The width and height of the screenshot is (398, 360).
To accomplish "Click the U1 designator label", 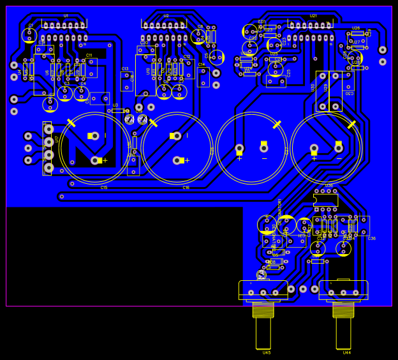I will point(66,15).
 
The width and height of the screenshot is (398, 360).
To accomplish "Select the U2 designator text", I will point(166,15).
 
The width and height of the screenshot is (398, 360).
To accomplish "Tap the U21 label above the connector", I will point(313,15).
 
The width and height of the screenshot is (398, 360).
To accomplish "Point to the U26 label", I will point(356,28).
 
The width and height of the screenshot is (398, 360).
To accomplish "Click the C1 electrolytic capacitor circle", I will point(29,35).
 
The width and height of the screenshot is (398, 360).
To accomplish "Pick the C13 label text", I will point(125,68).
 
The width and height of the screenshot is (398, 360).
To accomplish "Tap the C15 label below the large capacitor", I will point(104,188).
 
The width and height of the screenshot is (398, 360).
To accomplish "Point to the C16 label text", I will point(186,188).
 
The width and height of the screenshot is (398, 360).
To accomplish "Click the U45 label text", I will point(267,352).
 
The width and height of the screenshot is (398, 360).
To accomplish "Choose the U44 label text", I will point(346,352).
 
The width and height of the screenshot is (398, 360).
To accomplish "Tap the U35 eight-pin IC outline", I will point(325,199).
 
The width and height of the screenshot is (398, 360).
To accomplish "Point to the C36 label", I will point(372,238).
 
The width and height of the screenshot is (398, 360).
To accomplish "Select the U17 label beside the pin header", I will point(57,139).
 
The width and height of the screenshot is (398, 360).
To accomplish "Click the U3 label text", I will point(115,105).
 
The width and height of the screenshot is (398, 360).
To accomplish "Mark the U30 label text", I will point(313,87).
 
